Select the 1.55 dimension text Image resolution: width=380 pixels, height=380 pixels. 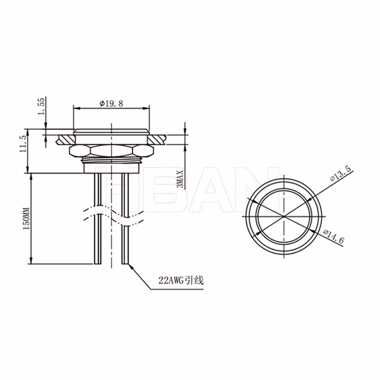tap(41, 106)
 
